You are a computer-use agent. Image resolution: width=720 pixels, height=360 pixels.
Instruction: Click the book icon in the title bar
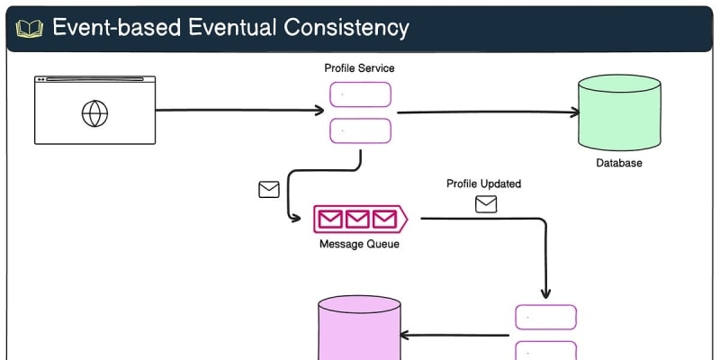point(30,28)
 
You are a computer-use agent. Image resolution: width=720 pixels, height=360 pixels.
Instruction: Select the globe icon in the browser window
point(94,113)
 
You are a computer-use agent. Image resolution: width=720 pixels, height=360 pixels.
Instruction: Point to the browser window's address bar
point(94,80)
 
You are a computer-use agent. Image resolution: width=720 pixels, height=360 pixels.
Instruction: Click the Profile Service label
point(359,68)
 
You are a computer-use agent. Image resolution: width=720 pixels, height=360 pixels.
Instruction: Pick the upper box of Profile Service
point(360,94)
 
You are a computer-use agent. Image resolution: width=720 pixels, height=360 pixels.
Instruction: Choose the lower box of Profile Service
point(360,130)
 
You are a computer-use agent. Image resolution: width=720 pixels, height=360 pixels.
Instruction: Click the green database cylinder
point(619,112)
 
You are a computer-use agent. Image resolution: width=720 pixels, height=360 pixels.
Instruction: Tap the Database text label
point(619,164)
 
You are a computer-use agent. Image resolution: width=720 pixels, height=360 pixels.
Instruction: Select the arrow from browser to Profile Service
point(239,111)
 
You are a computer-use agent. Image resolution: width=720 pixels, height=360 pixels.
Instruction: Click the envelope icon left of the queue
point(269,190)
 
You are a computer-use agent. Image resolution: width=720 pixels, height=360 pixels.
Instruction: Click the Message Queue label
point(359,244)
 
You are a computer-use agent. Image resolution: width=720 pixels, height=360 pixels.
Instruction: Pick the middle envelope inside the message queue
point(359,219)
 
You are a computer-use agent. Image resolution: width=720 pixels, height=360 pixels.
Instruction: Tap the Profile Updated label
point(483,184)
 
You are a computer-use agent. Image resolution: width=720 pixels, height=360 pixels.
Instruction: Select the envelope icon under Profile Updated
point(486,204)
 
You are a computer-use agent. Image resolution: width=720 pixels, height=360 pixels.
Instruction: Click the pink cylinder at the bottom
point(358,331)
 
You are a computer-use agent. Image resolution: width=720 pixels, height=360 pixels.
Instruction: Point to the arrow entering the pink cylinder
point(455,335)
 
